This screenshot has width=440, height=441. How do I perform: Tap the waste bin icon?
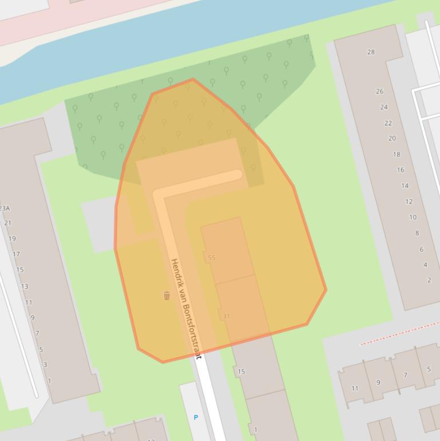pos(167,296)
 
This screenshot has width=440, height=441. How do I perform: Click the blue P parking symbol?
pos(196,418)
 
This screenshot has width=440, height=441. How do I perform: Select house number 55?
pos(212,258)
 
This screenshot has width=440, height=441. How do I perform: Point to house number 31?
pos(226,316)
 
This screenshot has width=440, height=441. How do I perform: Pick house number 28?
pos(371,52)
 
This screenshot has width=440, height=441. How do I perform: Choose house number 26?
pos(379,92)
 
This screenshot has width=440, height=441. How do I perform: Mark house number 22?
pos(388,123)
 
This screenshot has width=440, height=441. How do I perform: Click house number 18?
pos(396,155)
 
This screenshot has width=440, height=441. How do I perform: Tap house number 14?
pos(405,186)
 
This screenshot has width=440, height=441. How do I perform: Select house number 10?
pos(413,218)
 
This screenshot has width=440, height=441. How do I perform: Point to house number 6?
pos(421,250)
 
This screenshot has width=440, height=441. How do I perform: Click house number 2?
pos(429,280)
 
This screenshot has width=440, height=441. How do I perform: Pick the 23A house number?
pos(5,208)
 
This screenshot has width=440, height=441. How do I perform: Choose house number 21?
pos(8,223)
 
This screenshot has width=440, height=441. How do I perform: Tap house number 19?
pos(12,239)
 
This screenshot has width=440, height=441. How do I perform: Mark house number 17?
pos(16,254)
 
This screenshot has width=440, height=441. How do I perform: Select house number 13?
pos(25,286)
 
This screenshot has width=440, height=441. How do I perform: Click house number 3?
pos(45,365)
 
